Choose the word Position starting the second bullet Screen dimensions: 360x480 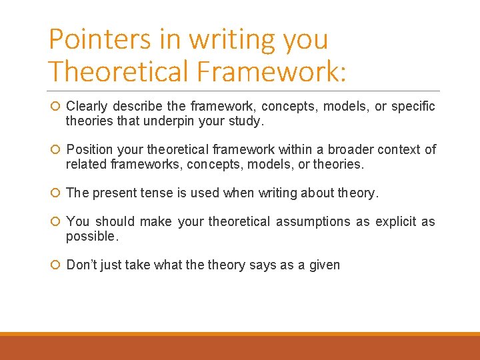pyautogui.click(x=89, y=149)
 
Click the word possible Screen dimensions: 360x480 pyautogui.click(x=91, y=237)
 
